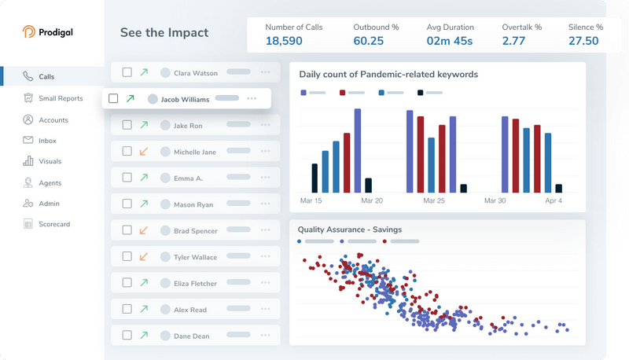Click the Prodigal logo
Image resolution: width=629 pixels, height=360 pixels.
(49, 32)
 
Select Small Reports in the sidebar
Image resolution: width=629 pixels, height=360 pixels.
(61, 98)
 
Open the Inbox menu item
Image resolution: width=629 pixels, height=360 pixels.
(47, 141)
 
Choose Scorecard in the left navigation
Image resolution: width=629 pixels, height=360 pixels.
(54, 224)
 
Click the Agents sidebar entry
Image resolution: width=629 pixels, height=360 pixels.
(50, 182)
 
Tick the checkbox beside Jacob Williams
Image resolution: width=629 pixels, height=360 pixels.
(113, 99)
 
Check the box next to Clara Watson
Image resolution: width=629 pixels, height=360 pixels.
(127, 73)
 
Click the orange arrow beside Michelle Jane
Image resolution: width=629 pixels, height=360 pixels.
(143, 152)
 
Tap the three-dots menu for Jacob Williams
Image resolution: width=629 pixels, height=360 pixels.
(252, 99)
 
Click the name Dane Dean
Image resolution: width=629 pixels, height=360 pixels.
(191, 336)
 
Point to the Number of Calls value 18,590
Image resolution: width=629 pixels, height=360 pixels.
(284, 41)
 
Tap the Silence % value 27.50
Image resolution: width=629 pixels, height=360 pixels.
(583, 41)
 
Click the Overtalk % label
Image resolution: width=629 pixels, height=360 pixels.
(522, 27)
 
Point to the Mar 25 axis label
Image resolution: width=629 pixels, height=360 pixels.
(433, 201)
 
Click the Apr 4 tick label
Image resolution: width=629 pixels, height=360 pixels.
(554, 201)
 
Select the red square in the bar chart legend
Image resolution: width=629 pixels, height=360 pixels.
(343, 93)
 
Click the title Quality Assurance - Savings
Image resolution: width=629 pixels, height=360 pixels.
(348, 230)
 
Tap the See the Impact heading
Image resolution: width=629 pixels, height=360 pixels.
(164, 33)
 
